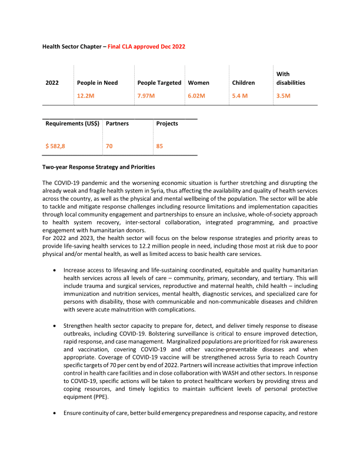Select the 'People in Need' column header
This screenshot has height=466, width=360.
97,83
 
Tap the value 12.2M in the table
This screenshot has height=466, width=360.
85,95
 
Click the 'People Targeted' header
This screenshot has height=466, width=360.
159,83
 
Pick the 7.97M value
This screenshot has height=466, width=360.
146,95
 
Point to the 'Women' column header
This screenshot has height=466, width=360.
198,83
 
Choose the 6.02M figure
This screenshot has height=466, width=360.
196,95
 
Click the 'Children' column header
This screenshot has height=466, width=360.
244,83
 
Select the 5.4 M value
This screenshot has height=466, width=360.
240,95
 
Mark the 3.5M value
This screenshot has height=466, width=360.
283,95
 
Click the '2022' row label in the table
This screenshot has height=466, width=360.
52,83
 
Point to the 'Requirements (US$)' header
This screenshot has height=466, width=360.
72,124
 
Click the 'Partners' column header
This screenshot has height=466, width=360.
117,124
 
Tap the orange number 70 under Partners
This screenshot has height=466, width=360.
109,145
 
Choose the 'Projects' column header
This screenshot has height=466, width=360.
167,124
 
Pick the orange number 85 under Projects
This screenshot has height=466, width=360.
159,145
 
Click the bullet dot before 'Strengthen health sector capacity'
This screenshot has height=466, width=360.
55,325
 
